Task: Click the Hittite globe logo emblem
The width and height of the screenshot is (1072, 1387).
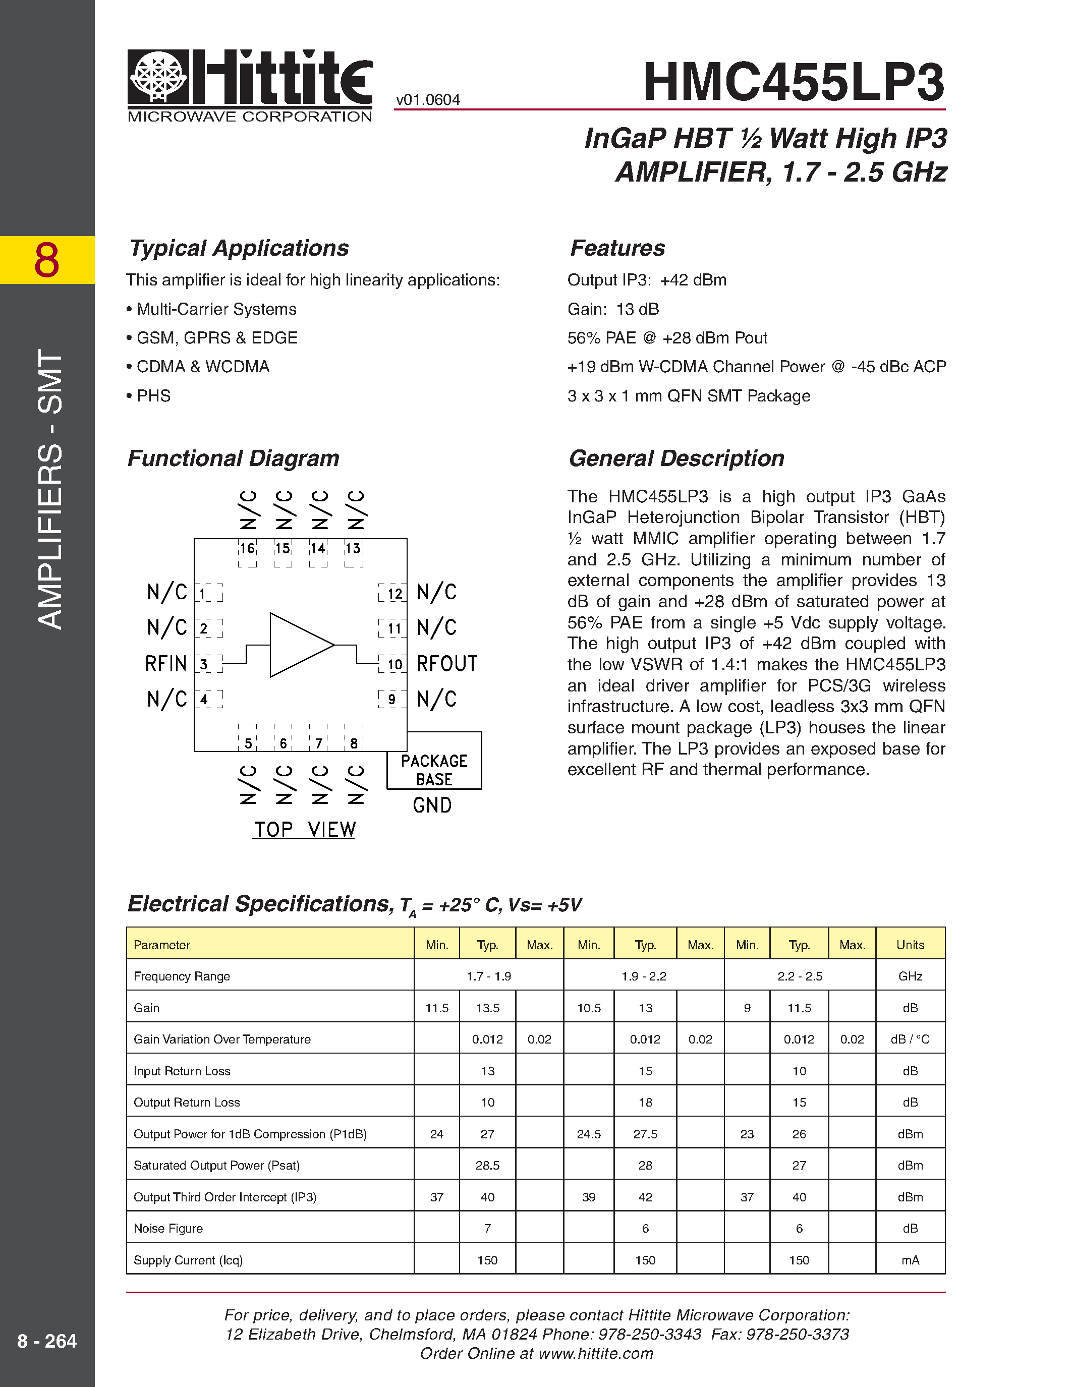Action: (158, 76)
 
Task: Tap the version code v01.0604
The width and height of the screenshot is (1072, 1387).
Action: (427, 100)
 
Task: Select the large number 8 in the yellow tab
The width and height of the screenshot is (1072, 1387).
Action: (47, 260)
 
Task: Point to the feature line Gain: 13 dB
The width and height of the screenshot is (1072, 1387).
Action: (613, 309)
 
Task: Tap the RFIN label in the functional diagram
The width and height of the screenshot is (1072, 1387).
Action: (166, 664)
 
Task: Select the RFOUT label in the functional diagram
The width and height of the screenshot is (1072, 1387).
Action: (446, 664)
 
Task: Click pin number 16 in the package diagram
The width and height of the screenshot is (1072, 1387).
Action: (247, 548)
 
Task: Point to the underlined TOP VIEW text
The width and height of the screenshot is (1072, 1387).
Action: (304, 829)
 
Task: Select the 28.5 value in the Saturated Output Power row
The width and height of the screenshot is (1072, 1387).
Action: (487, 1166)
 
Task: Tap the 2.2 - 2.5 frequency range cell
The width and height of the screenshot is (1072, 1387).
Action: (799, 976)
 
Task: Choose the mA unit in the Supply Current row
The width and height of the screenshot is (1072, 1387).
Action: (910, 1260)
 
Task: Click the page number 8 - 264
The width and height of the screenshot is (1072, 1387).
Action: (47, 1341)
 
